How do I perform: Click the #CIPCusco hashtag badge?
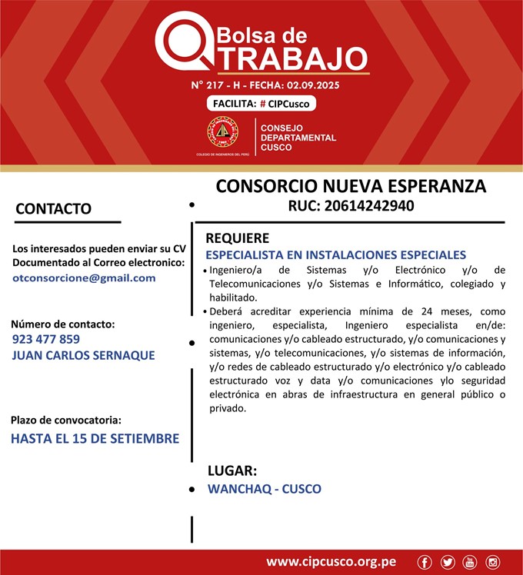tap(261, 104)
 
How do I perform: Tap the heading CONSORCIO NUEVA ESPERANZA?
tap(351, 187)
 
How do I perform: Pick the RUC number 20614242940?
tap(351, 206)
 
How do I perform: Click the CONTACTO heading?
tap(54, 209)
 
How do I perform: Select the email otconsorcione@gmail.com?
tap(84, 278)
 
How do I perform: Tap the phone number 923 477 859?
tap(46, 339)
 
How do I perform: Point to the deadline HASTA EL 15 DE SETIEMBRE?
tap(95, 439)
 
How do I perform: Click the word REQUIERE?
tap(237, 238)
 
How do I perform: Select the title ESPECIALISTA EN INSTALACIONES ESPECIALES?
tap(335, 254)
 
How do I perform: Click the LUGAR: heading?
tap(232, 470)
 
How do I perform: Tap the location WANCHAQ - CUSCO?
tap(265, 489)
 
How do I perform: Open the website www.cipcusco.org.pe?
tap(331, 562)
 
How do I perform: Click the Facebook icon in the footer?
tap(425, 562)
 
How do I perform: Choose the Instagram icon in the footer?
tap(492, 562)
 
